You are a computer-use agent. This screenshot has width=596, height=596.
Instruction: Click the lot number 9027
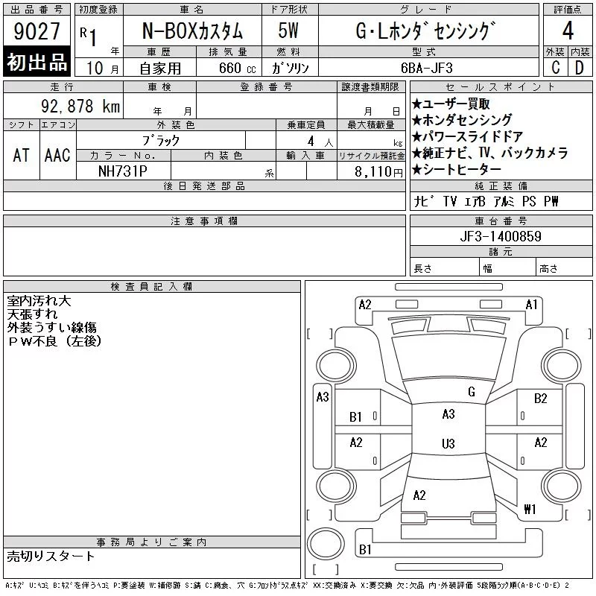coord(37,31)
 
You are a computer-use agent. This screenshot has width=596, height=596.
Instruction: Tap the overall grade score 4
coord(568,31)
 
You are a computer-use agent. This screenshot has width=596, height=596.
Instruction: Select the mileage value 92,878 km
coord(80,106)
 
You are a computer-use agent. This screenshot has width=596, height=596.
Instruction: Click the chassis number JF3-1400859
coord(501,236)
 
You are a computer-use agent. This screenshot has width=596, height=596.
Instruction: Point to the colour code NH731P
coord(122,171)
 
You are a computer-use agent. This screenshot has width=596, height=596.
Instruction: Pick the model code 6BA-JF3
coord(427,68)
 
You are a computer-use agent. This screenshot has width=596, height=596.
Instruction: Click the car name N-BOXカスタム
coord(192,31)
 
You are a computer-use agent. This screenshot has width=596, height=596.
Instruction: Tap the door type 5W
coord(288,31)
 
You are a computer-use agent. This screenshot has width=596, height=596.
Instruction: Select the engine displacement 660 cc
coord(237,68)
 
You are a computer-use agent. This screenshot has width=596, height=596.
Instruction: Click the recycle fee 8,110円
coord(378,171)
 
